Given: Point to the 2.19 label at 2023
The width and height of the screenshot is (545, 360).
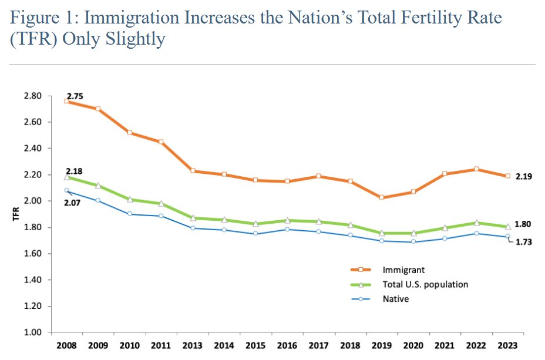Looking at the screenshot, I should coord(524,176).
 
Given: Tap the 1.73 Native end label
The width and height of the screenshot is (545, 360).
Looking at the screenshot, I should coord(524,241).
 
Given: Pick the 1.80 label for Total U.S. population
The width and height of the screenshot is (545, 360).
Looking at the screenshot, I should coord(524,224).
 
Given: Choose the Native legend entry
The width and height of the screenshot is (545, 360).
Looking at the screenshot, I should coord(397,298).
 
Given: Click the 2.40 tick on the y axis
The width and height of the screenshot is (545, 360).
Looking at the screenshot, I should coord(32,149).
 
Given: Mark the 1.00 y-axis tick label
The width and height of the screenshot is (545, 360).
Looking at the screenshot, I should coord(32,333).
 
